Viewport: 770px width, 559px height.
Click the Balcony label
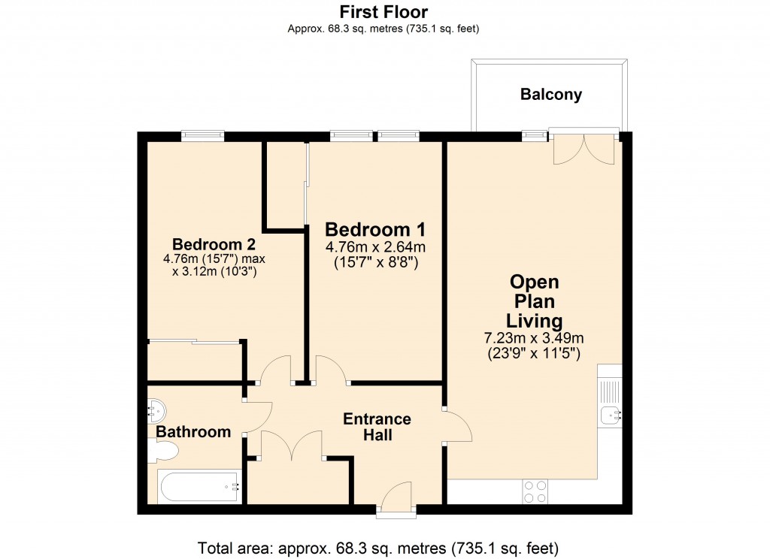pos(550,95)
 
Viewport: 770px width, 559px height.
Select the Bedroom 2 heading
pos(214,244)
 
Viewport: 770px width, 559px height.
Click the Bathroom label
pos(193,432)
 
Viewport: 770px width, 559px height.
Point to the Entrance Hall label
pos(377,427)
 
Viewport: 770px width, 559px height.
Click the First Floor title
pos(383,12)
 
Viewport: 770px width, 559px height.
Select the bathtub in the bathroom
pos(199,486)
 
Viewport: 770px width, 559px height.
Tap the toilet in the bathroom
pos(163,451)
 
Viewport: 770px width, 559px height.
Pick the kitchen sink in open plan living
pos(610,412)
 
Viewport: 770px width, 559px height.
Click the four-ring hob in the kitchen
pos(535,491)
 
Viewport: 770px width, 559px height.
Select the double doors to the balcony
pos(584,148)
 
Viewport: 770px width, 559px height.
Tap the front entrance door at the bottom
pos(396,500)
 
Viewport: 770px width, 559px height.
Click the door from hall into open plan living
pos(458,426)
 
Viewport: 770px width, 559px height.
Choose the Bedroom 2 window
pos(202,136)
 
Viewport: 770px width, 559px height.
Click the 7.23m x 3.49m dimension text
pos(534,339)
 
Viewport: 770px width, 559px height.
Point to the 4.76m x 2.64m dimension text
pos(375,247)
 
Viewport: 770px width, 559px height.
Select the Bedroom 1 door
pos(331,370)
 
